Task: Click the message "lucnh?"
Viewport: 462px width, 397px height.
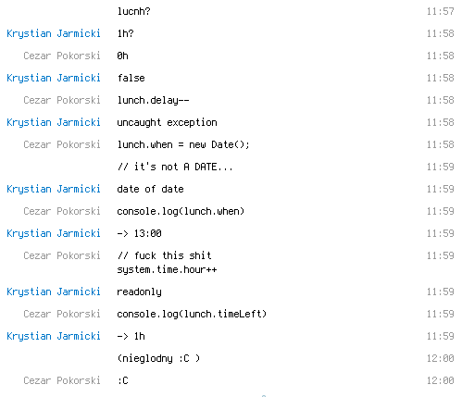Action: [x=133, y=11]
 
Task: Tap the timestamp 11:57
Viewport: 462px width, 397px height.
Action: [x=441, y=11]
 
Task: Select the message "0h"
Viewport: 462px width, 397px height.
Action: [x=122, y=56]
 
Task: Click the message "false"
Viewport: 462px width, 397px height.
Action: [x=131, y=78]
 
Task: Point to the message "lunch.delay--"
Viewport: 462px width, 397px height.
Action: [x=153, y=101]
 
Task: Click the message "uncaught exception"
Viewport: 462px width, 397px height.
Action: [x=167, y=123]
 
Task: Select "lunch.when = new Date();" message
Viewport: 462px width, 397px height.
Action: [x=183, y=144]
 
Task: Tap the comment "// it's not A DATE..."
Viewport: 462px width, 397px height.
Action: [x=175, y=167]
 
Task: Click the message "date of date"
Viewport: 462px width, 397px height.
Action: [x=150, y=189]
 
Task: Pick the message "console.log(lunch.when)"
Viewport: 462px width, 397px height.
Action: [x=181, y=211]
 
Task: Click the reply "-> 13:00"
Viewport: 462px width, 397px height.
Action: [x=139, y=233]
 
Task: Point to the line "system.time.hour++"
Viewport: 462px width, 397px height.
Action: [x=167, y=270]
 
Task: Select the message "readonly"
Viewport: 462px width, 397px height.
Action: [x=139, y=292]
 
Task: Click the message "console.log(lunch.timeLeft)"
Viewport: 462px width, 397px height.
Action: [x=192, y=314]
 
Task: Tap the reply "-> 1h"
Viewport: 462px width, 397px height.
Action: [x=131, y=336]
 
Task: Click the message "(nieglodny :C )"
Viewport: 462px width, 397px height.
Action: [x=158, y=358]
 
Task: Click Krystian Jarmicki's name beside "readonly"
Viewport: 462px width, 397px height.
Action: [x=54, y=292]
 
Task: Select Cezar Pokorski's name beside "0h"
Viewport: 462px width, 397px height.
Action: [x=62, y=56]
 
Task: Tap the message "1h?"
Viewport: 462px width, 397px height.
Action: [x=125, y=33]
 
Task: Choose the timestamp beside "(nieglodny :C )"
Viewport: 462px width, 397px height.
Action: [x=441, y=358]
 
